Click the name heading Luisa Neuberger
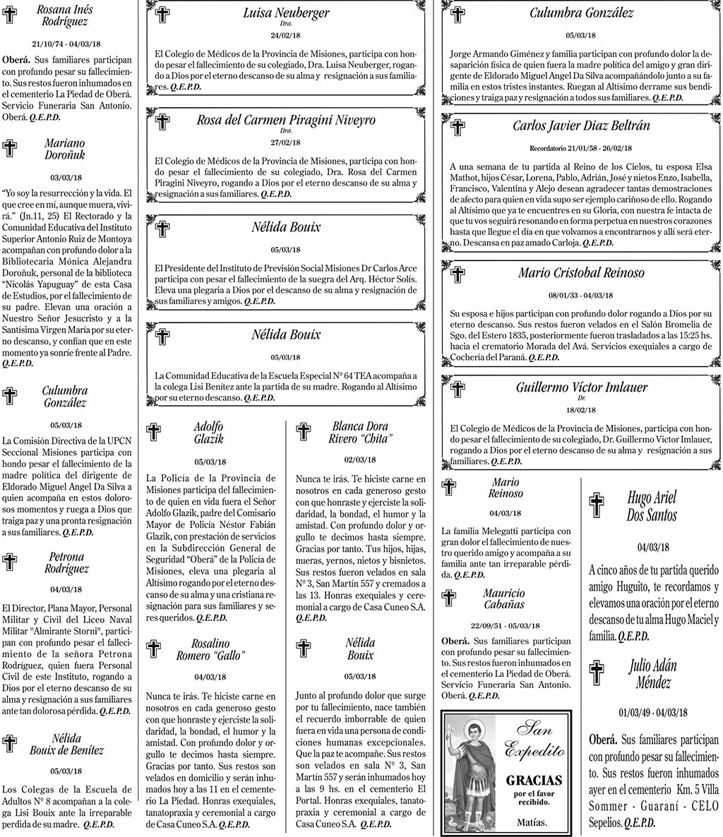tap(286, 13)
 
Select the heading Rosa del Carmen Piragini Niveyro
tap(286, 120)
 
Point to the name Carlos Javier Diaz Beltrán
tap(581, 126)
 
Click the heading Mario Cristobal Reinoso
tap(581, 272)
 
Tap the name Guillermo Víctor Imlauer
tap(581, 387)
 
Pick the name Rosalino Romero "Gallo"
tap(210, 649)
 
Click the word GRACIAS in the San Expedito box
tap(534, 780)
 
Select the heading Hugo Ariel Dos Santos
tap(652, 506)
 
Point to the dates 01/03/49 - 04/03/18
tap(652, 712)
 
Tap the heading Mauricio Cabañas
tap(504, 598)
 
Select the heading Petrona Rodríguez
tap(67, 562)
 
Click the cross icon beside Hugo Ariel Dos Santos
tap(597, 506)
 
